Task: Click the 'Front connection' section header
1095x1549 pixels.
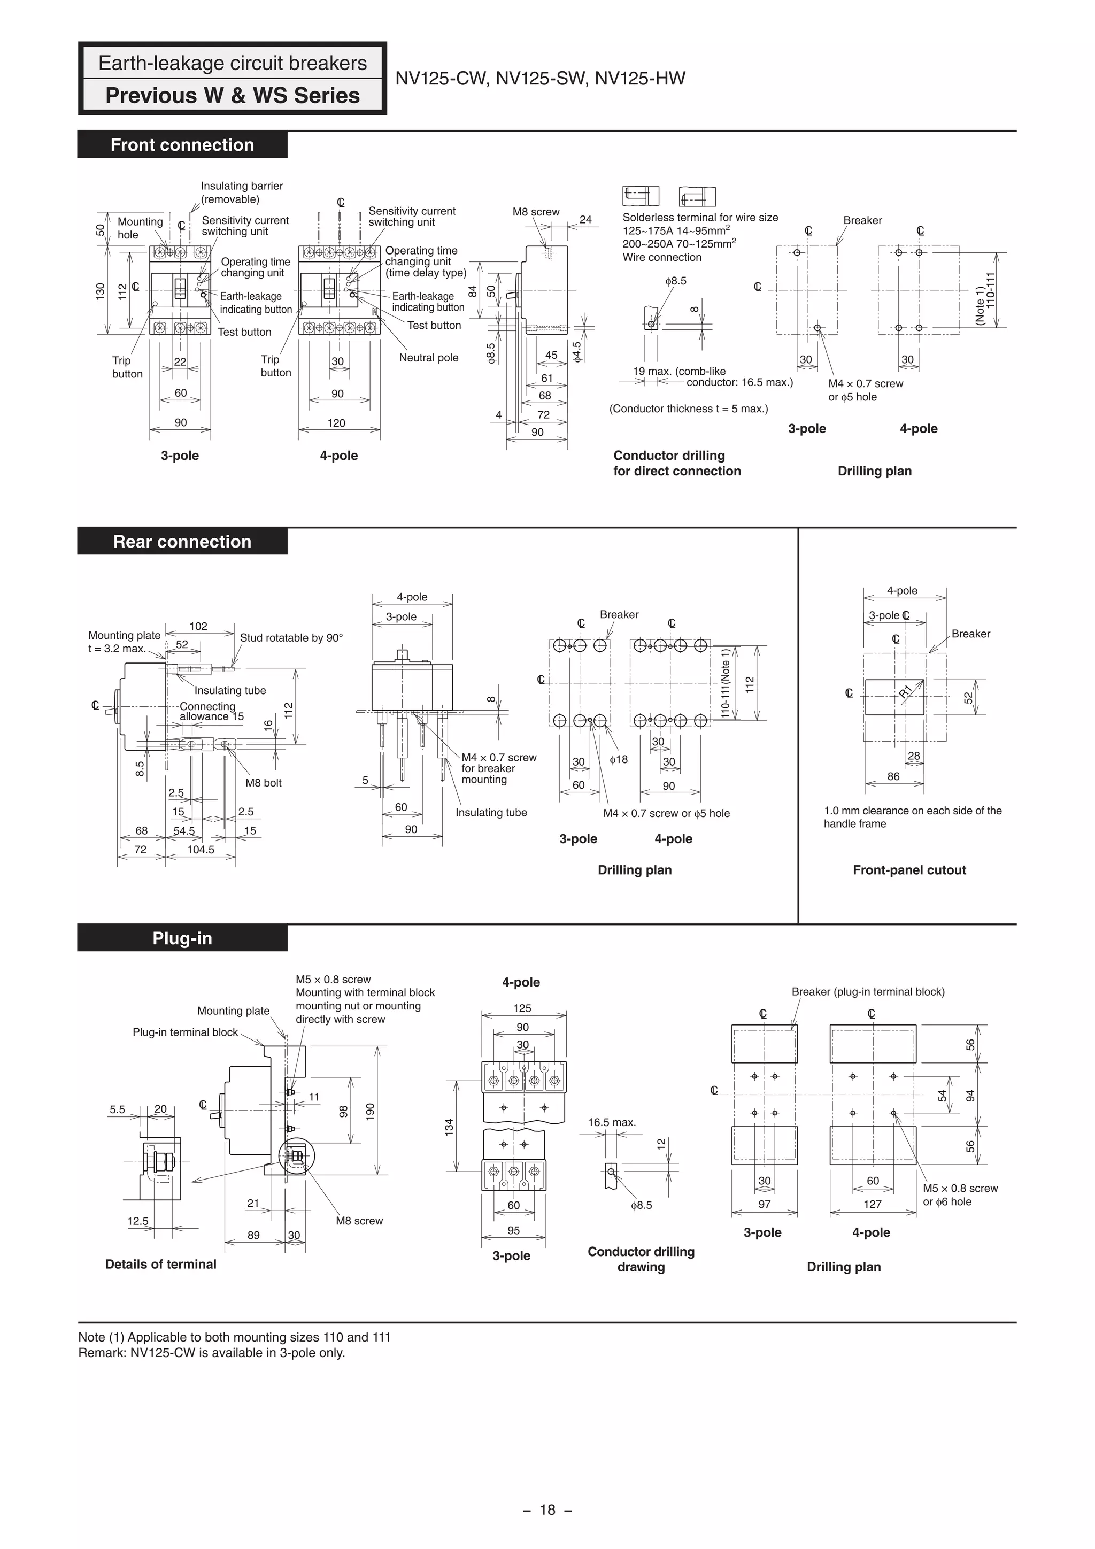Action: [182, 145]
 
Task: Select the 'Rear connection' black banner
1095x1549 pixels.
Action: [182, 542]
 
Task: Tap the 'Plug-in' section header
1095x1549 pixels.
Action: [182, 938]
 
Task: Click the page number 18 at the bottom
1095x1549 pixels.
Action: [547, 1510]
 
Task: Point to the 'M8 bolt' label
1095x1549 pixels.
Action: [263, 783]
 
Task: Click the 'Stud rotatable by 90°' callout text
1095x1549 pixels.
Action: [291, 637]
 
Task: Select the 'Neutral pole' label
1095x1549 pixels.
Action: [428, 358]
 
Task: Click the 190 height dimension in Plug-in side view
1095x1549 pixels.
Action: [369, 1111]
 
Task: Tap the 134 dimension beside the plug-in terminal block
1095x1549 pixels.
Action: [449, 1127]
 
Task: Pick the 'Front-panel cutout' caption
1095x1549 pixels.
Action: [909, 869]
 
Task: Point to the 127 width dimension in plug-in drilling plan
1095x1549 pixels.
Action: [873, 1204]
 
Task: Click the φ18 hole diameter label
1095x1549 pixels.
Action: [619, 760]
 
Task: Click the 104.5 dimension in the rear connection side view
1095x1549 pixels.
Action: [201, 850]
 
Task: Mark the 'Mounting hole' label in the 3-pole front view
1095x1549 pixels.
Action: [140, 228]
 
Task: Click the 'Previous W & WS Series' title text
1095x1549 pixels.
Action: [232, 96]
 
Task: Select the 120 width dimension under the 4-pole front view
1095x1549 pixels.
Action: [336, 423]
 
